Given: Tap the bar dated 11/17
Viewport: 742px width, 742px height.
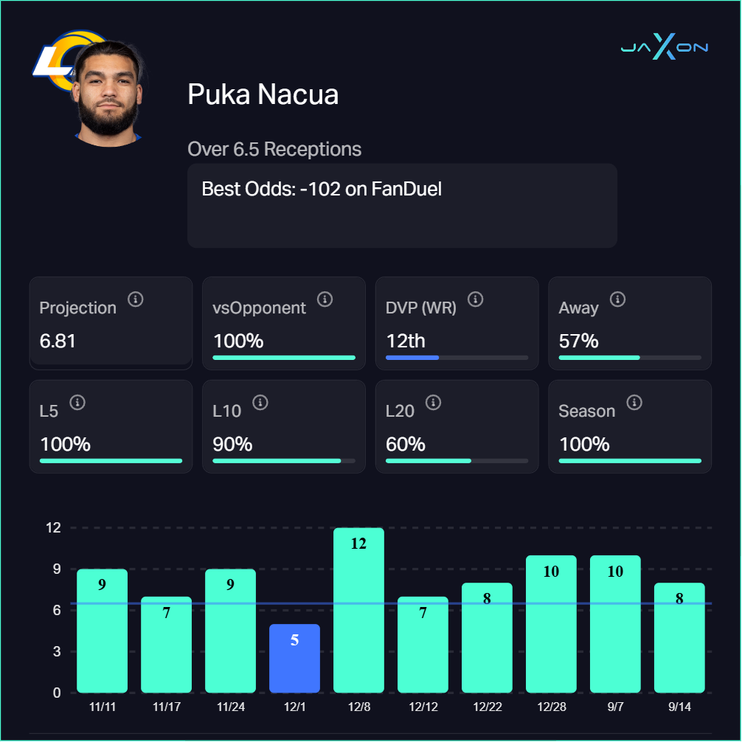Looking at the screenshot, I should [166, 645].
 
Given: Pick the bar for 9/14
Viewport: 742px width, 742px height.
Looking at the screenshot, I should [679, 638].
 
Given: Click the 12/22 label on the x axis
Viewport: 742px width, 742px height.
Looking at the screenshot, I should [487, 707].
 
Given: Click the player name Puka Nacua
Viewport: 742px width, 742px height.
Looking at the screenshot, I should [263, 94].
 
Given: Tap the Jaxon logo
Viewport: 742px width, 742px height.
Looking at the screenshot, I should [664, 48].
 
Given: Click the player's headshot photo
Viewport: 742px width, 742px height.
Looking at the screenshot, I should [108, 92].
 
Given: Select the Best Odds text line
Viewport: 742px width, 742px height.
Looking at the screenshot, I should [322, 189].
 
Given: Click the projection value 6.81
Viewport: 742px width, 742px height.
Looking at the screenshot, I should [58, 341].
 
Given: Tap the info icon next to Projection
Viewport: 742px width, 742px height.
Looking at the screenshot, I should [135, 299].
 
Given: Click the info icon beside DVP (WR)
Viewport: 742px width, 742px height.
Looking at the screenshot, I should [476, 299].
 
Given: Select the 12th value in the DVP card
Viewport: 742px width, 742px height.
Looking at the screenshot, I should [405, 341].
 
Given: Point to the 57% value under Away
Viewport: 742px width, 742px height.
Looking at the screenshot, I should [578, 341].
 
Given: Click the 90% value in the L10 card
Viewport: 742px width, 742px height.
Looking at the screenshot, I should [232, 445].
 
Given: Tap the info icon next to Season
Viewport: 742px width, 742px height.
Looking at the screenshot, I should [634, 403].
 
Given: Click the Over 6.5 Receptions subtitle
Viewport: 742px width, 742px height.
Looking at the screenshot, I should [274, 149].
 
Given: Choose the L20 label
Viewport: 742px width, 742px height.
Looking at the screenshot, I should [400, 411].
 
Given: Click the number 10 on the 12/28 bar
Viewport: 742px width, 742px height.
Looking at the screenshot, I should [551, 572].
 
